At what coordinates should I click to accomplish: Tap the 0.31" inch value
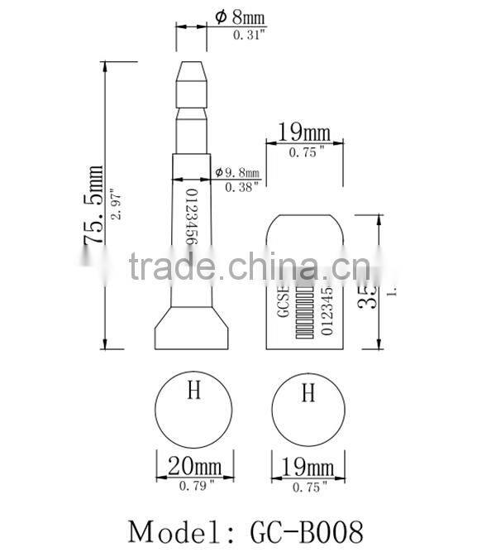[x=250, y=34]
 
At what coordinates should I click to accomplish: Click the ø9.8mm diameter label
[x=237, y=172]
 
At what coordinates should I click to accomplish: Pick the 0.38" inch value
[x=242, y=187]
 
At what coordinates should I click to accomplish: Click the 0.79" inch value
[x=196, y=486]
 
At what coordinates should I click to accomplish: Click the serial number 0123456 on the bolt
[x=191, y=217]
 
